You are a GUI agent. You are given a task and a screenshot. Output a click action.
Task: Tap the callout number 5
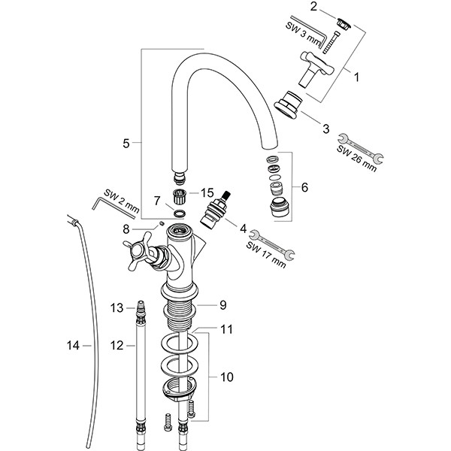(x=126, y=142)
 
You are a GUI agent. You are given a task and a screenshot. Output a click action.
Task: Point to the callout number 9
(x=222, y=305)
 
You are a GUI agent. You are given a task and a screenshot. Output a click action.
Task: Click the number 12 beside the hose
(x=117, y=347)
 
